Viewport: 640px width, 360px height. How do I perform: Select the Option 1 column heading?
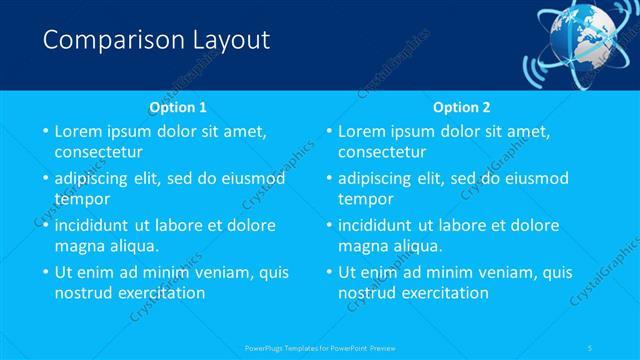point(178,106)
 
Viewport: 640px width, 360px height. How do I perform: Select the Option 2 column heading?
point(462,106)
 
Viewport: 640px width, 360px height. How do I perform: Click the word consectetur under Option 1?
point(98,152)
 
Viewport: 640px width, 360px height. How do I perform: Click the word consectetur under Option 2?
point(382,152)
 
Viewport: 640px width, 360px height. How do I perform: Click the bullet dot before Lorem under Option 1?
point(44,131)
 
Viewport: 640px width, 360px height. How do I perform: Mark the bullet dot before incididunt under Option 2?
point(328,225)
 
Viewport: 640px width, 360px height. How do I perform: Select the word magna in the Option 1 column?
point(79,246)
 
